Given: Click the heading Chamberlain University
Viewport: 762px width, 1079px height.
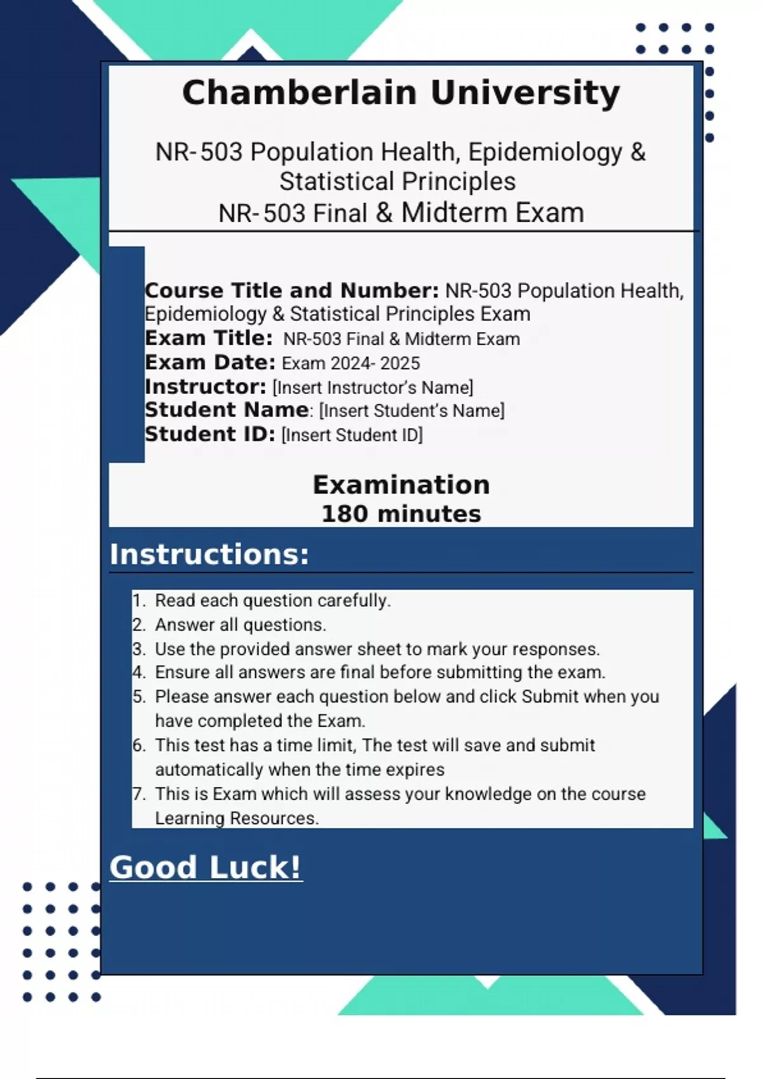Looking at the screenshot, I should [x=401, y=93].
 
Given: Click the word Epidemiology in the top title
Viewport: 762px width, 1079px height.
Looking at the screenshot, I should [x=545, y=152].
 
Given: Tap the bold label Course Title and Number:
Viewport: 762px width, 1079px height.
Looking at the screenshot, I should [x=291, y=291].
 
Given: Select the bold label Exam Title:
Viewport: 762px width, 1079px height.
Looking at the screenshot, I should [x=208, y=338].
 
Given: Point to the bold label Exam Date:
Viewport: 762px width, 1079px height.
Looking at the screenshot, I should [x=210, y=362].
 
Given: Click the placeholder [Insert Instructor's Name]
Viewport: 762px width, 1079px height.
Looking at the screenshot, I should [x=373, y=387].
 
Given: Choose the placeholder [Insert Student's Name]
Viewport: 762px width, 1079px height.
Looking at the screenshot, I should [x=411, y=411].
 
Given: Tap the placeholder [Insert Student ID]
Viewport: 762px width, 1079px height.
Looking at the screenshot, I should [x=352, y=435].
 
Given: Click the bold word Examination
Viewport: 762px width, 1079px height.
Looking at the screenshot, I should [x=401, y=485].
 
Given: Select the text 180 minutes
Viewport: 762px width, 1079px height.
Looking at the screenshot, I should [x=401, y=513].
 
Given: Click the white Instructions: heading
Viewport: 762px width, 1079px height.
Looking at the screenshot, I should [x=210, y=554].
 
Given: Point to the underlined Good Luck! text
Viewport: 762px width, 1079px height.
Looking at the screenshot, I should [x=206, y=867].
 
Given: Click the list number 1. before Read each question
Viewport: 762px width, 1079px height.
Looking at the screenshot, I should [x=139, y=600].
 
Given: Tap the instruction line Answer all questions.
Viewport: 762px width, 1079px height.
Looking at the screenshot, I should [x=240, y=625].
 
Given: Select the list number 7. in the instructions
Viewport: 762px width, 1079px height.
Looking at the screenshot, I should [x=139, y=794].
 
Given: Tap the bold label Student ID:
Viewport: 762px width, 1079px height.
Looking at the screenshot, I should [x=210, y=435].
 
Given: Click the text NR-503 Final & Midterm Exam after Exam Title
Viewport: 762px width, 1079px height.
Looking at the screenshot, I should [x=401, y=339].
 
